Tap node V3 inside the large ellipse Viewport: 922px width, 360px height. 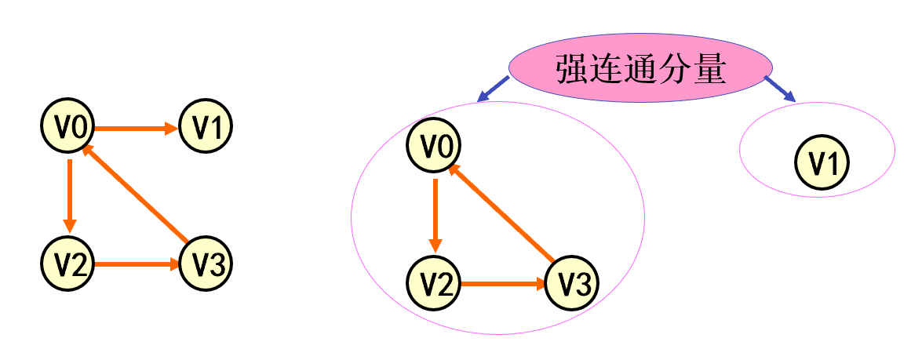coord(572,284)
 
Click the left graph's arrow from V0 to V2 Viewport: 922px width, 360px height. coord(69,196)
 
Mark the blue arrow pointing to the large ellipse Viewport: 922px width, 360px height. coord(494,89)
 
